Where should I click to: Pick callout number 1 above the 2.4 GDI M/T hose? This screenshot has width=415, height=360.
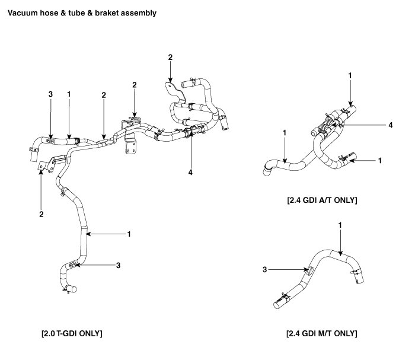[340, 225]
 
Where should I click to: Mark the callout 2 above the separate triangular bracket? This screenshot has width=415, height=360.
[170, 58]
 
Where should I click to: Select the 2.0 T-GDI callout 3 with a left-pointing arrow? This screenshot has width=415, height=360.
[118, 265]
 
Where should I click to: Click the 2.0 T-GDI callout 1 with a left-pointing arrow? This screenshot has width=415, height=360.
[129, 234]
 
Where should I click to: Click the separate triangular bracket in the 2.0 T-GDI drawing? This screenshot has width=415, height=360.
[172, 88]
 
